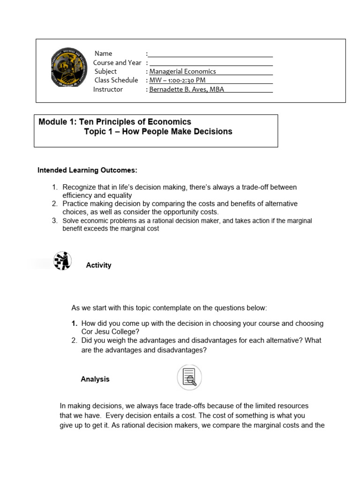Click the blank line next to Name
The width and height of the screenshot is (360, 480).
pyautogui.click(x=211, y=54)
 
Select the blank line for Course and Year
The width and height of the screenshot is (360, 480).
pyautogui.click(x=211, y=63)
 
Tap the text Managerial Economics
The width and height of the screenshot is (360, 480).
pyautogui.click(x=182, y=72)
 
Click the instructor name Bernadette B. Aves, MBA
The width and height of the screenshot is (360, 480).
pyautogui.click(x=187, y=89)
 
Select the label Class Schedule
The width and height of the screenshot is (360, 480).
pyautogui.click(x=116, y=80)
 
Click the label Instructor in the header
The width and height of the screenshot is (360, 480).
pyautogui.click(x=108, y=89)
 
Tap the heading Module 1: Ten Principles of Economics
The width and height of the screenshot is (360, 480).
pyautogui.click(x=115, y=122)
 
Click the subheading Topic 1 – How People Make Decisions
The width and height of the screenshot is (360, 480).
pyautogui.click(x=158, y=132)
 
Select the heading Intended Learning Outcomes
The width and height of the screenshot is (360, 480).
pyautogui.click(x=87, y=170)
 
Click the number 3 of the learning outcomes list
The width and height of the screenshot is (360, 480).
pyautogui.click(x=54, y=220)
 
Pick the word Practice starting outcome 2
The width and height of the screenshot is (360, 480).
pyautogui.click(x=76, y=204)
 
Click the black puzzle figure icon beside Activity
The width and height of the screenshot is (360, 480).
pyautogui.click(x=62, y=261)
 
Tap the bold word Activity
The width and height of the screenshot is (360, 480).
pyautogui.click(x=98, y=265)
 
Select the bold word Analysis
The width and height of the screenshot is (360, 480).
pyautogui.click(x=95, y=379)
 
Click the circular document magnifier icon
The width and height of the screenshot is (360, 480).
pyautogui.click(x=189, y=378)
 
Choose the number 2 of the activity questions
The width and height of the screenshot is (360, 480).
pyautogui.click(x=74, y=340)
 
